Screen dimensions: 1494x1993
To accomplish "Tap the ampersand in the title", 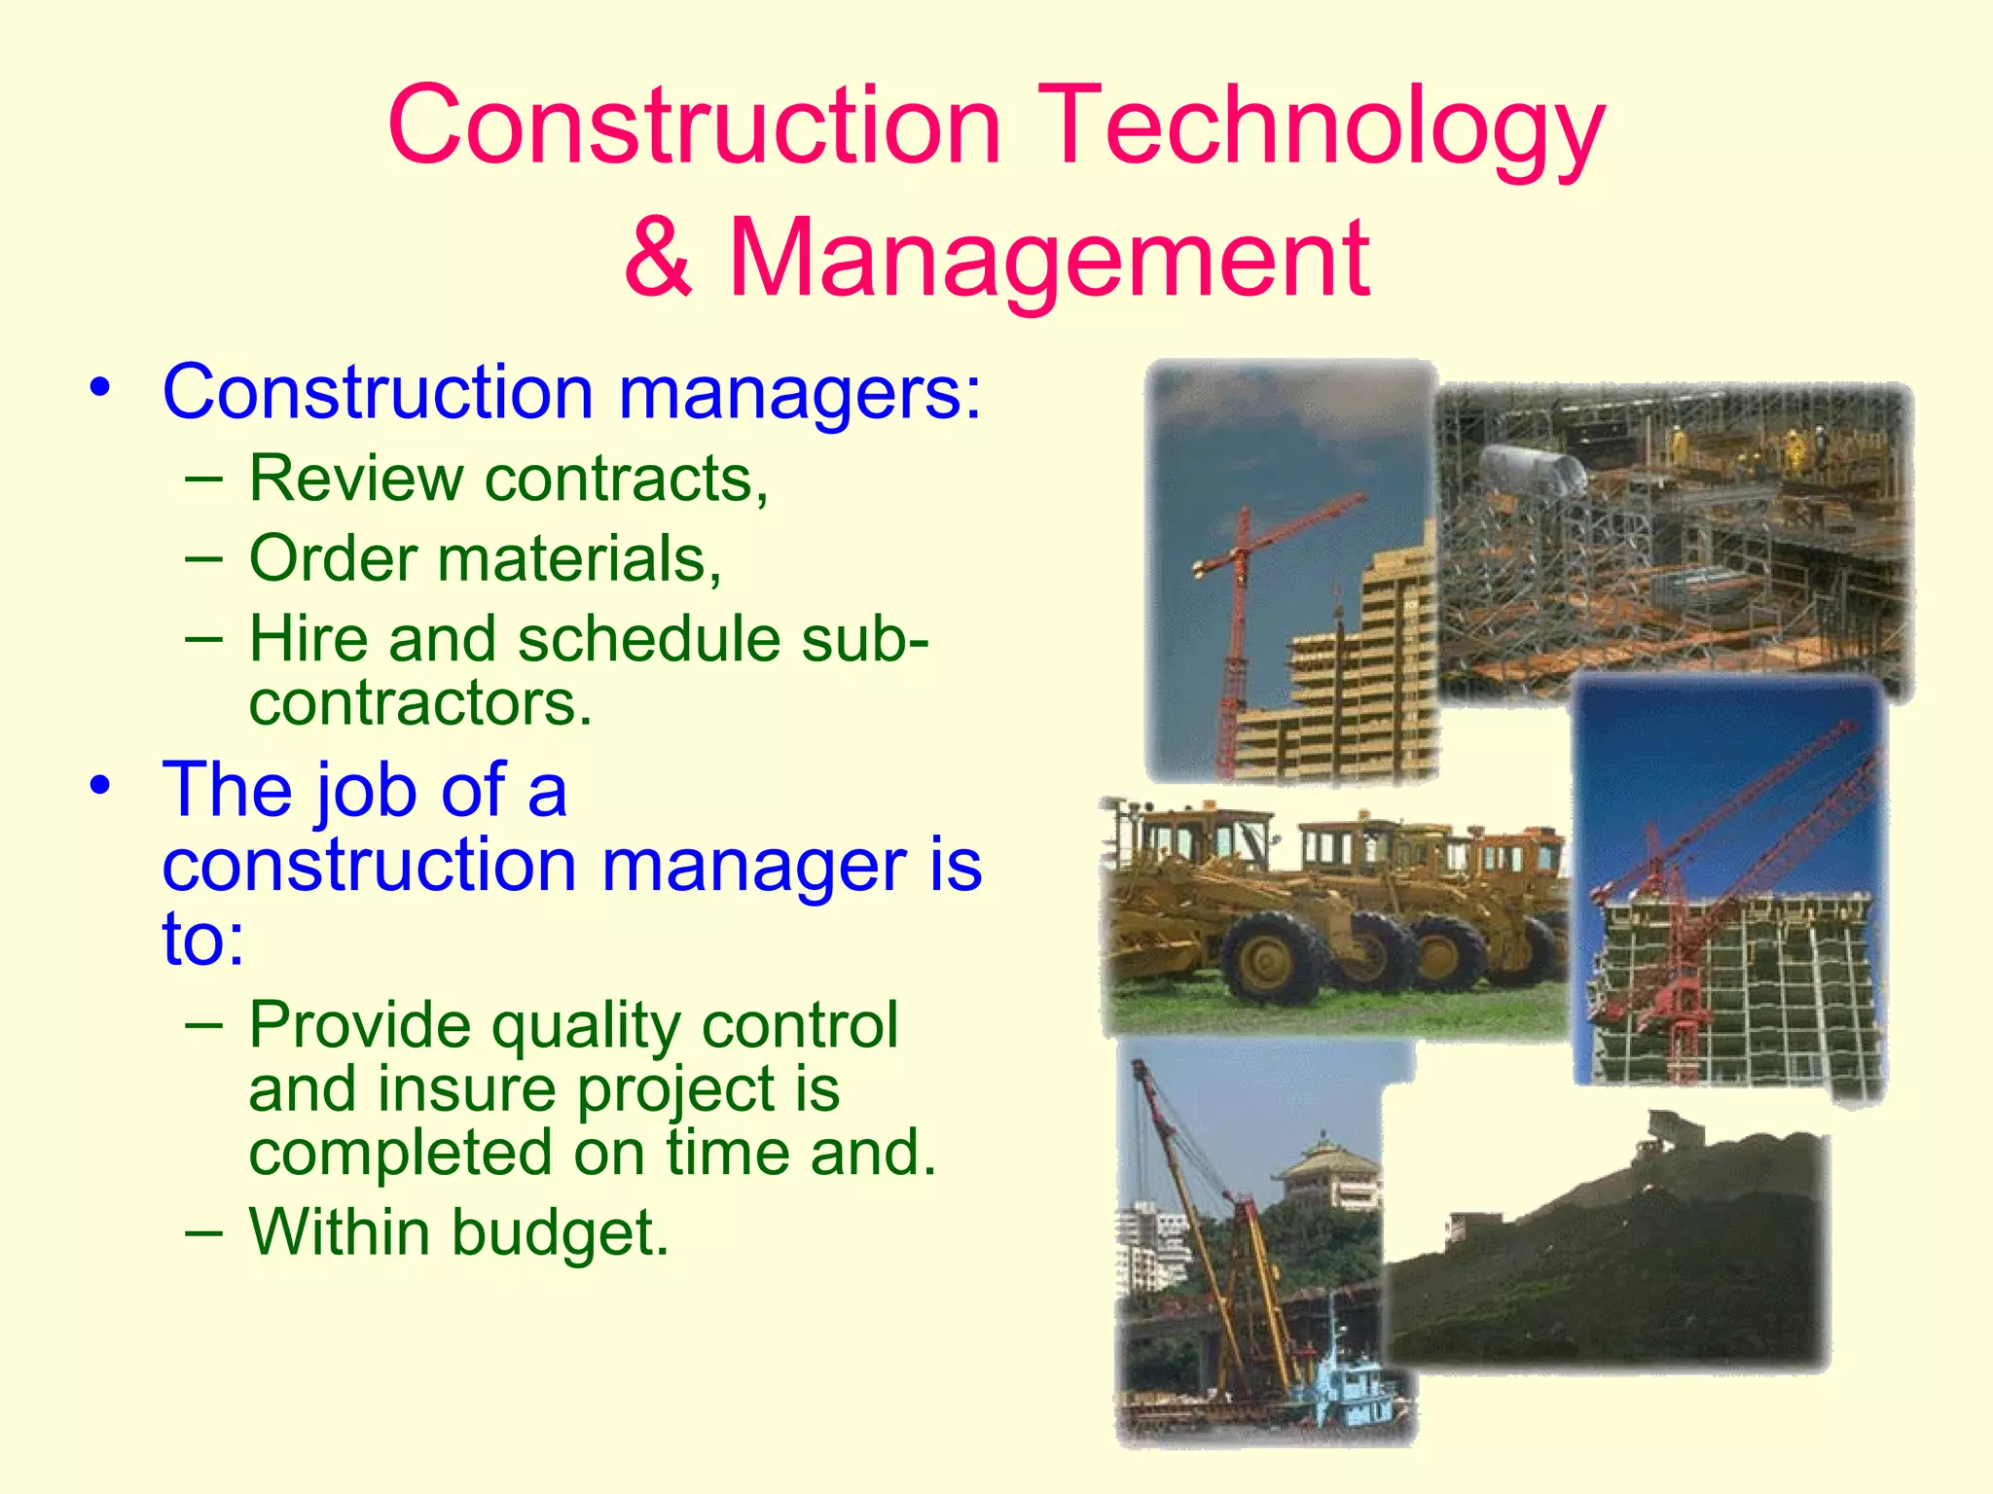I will [660, 259].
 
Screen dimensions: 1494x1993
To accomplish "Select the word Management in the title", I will [1049, 259].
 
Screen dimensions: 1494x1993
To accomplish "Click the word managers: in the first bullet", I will [800, 394].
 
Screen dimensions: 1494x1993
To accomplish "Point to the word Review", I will [356, 479].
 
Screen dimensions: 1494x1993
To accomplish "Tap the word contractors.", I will [420, 702].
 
